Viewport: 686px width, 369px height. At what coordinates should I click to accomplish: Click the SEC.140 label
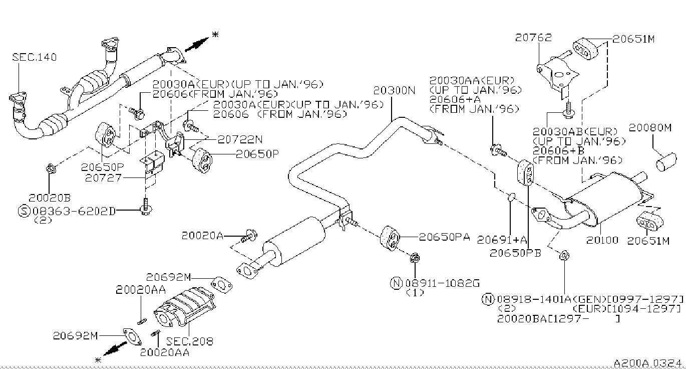[x=34, y=57]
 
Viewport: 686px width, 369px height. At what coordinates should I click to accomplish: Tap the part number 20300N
[x=394, y=90]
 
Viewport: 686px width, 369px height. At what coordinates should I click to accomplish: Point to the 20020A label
[x=203, y=235]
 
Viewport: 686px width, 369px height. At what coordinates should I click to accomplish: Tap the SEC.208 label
[x=193, y=341]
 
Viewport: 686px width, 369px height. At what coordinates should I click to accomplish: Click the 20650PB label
[x=515, y=253]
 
